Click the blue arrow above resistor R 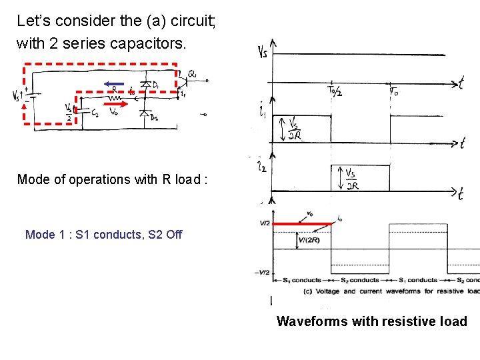point(114,84)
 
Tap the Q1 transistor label point(192,73)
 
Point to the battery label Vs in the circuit point(16,96)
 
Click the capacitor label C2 point(95,114)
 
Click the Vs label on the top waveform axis point(263,52)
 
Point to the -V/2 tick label point(261,272)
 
